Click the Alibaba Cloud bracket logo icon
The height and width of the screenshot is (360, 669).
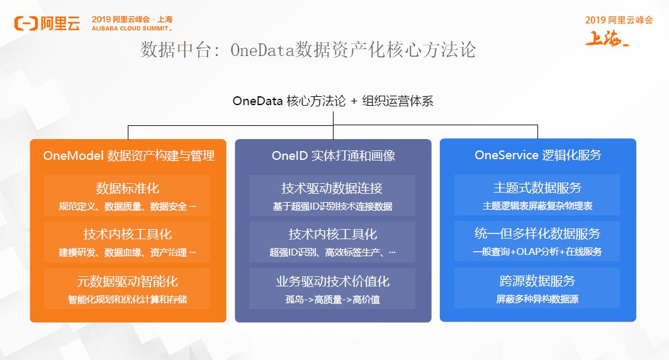point(26,24)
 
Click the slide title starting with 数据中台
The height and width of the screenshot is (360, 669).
point(308,50)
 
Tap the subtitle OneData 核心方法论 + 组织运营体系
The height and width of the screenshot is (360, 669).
point(333,101)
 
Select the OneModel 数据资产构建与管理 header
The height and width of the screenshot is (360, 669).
point(128,155)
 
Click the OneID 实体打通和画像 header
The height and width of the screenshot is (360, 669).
point(333,155)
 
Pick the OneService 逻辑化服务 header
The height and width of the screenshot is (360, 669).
point(537,155)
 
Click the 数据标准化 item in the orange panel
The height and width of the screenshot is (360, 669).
point(127,188)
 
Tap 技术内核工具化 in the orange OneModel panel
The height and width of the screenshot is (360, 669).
point(127,234)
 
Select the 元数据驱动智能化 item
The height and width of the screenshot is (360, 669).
point(127,281)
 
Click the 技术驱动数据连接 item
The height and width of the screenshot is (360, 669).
point(332,188)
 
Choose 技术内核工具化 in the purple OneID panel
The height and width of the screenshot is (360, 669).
point(332,234)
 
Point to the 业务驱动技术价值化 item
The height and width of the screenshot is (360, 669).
point(332,281)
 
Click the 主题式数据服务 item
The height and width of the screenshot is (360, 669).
point(537,188)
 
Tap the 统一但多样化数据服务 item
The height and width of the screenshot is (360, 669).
point(537,234)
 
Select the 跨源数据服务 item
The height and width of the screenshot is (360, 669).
point(537,281)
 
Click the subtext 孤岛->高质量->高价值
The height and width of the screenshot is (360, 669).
point(332,300)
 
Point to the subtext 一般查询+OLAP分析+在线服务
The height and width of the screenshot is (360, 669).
point(537,252)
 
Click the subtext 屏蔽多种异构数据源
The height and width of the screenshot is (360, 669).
point(537,300)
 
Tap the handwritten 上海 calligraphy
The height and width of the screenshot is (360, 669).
point(607,39)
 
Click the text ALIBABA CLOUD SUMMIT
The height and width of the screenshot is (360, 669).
point(132,29)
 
